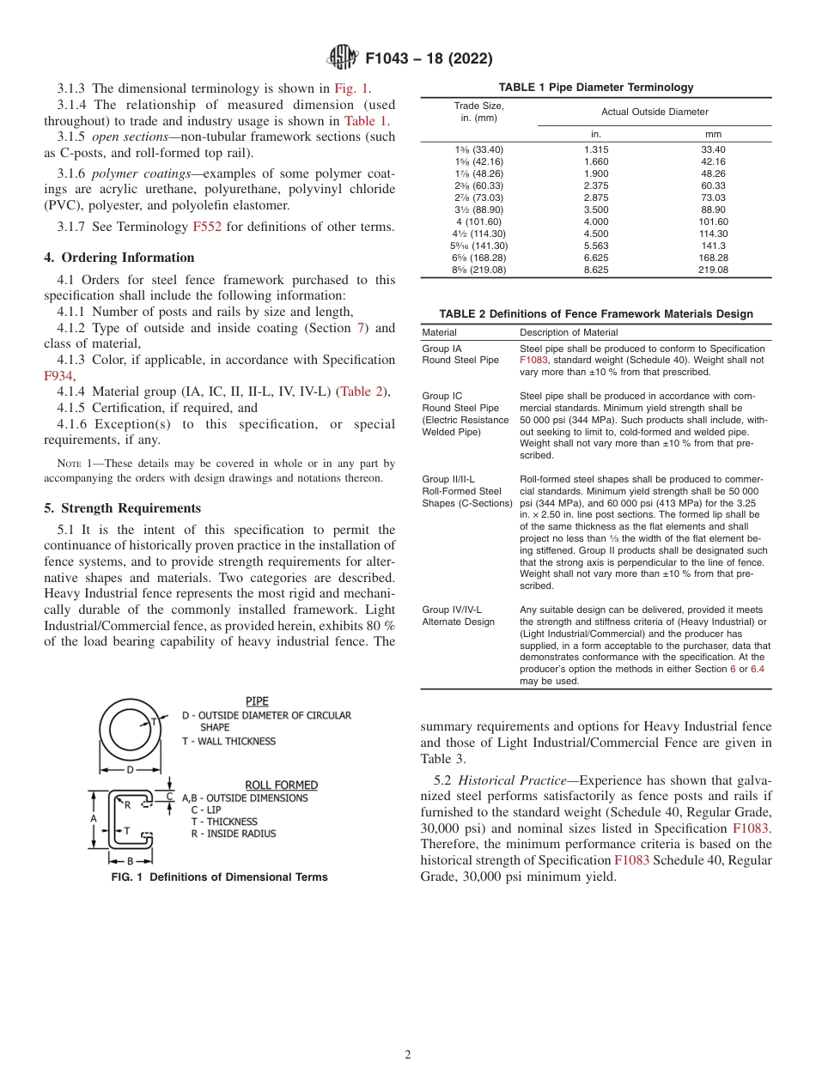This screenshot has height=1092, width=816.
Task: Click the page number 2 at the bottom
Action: [408, 1055]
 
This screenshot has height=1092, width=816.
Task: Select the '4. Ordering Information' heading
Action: [119, 258]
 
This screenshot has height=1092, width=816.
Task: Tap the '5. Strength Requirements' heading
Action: [123, 507]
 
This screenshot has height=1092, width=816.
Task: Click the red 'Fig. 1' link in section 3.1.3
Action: [351, 88]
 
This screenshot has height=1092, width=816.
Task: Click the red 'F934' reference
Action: [58, 375]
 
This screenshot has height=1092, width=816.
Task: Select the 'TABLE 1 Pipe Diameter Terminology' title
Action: [596, 88]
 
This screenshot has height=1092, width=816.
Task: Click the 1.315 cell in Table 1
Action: [595, 149]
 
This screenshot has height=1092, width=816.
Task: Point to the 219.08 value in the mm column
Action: [713, 270]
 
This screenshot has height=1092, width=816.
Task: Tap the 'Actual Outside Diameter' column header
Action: [655, 112]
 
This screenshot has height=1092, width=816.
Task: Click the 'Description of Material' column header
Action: [569, 332]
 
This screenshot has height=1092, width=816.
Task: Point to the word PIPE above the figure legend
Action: [257, 701]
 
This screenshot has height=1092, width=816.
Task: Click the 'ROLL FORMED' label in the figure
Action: [281, 785]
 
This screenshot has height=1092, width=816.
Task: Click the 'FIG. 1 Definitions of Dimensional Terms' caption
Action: [219, 877]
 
